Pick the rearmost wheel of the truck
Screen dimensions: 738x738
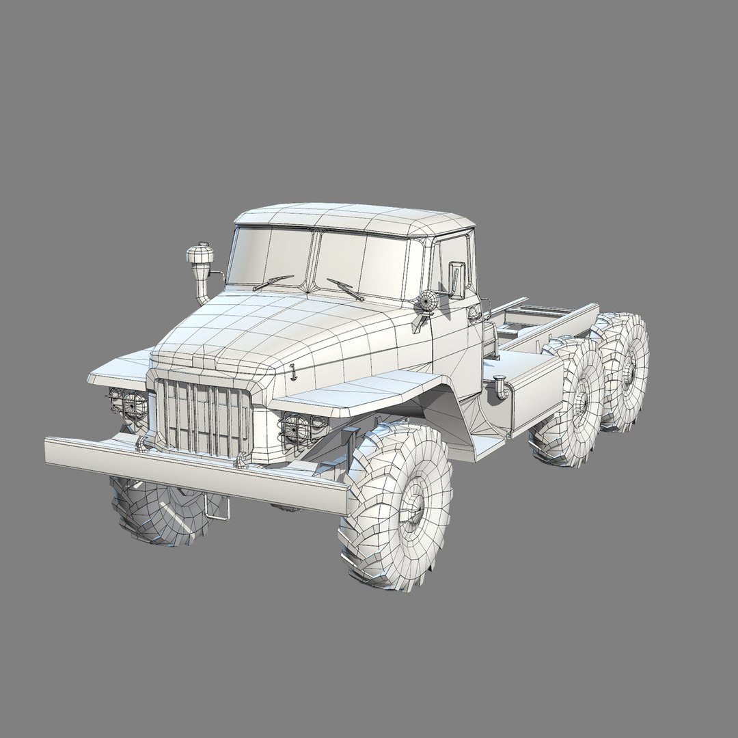tap(625, 372)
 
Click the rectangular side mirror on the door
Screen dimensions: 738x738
tap(456, 279)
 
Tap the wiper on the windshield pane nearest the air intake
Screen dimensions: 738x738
tap(273, 282)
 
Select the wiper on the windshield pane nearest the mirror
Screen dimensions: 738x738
tap(345, 289)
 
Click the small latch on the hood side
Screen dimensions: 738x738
tap(292, 372)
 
